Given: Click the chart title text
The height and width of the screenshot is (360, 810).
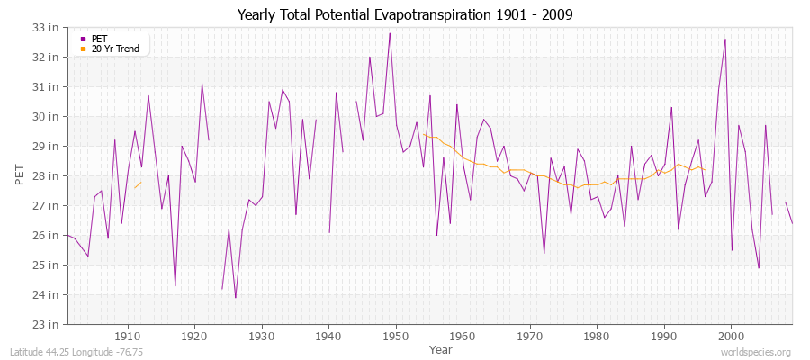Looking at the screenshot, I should pyautogui.click(x=404, y=14).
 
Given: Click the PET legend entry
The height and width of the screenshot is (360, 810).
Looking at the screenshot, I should pyautogui.click(x=99, y=39).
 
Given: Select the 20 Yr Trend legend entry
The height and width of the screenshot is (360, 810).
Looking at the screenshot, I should pyautogui.click(x=115, y=49).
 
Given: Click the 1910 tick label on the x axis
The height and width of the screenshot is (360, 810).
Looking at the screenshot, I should pyautogui.click(x=127, y=337).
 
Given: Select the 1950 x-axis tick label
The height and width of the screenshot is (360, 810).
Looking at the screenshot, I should pyautogui.click(x=395, y=337).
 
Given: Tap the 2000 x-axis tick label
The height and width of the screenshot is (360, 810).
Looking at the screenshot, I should pyautogui.click(x=731, y=337).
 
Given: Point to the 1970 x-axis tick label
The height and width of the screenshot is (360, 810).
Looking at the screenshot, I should pyautogui.click(x=529, y=337).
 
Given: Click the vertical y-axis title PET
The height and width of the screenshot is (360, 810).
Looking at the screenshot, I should pyautogui.click(x=20, y=175).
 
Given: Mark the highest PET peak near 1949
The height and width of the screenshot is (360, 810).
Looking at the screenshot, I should pyautogui.click(x=390, y=33).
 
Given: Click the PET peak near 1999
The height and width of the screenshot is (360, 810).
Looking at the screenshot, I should pyautogui.click(x=725, y=39).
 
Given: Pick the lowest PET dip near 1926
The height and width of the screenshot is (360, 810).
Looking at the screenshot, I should pyautogui.click(x=236, y=297).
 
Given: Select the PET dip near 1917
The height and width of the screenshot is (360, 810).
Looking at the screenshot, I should pyautogui.click(x=175, y=285).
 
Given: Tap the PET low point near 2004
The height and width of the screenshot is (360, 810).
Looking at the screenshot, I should pyautogui.click(x=759, y=267).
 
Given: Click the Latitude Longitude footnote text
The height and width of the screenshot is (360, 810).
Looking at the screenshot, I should pyautogui.click(x=68, y=352).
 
